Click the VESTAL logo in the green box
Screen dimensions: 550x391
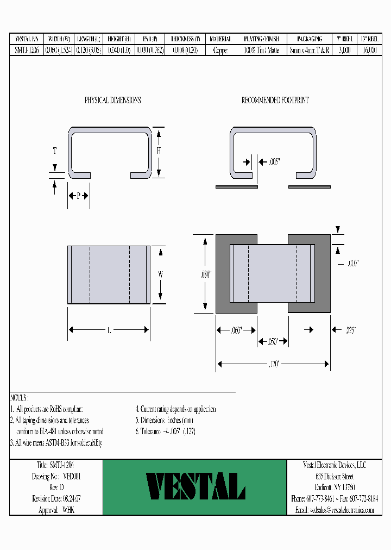195,486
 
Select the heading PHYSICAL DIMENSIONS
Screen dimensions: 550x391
112,101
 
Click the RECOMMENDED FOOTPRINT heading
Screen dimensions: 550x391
275,101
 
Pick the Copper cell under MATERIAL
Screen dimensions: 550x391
220,49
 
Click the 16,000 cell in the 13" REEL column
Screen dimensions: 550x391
369,49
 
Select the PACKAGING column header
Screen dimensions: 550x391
310,39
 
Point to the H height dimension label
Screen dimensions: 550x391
159,152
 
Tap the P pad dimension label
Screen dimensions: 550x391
78,196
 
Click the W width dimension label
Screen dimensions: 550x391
161,275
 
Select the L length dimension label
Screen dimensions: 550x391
109,330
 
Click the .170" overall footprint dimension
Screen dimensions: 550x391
273,365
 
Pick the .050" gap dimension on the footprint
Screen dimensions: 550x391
273,341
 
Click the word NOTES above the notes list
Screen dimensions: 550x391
20,398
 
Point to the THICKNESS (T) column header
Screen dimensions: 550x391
185,39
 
